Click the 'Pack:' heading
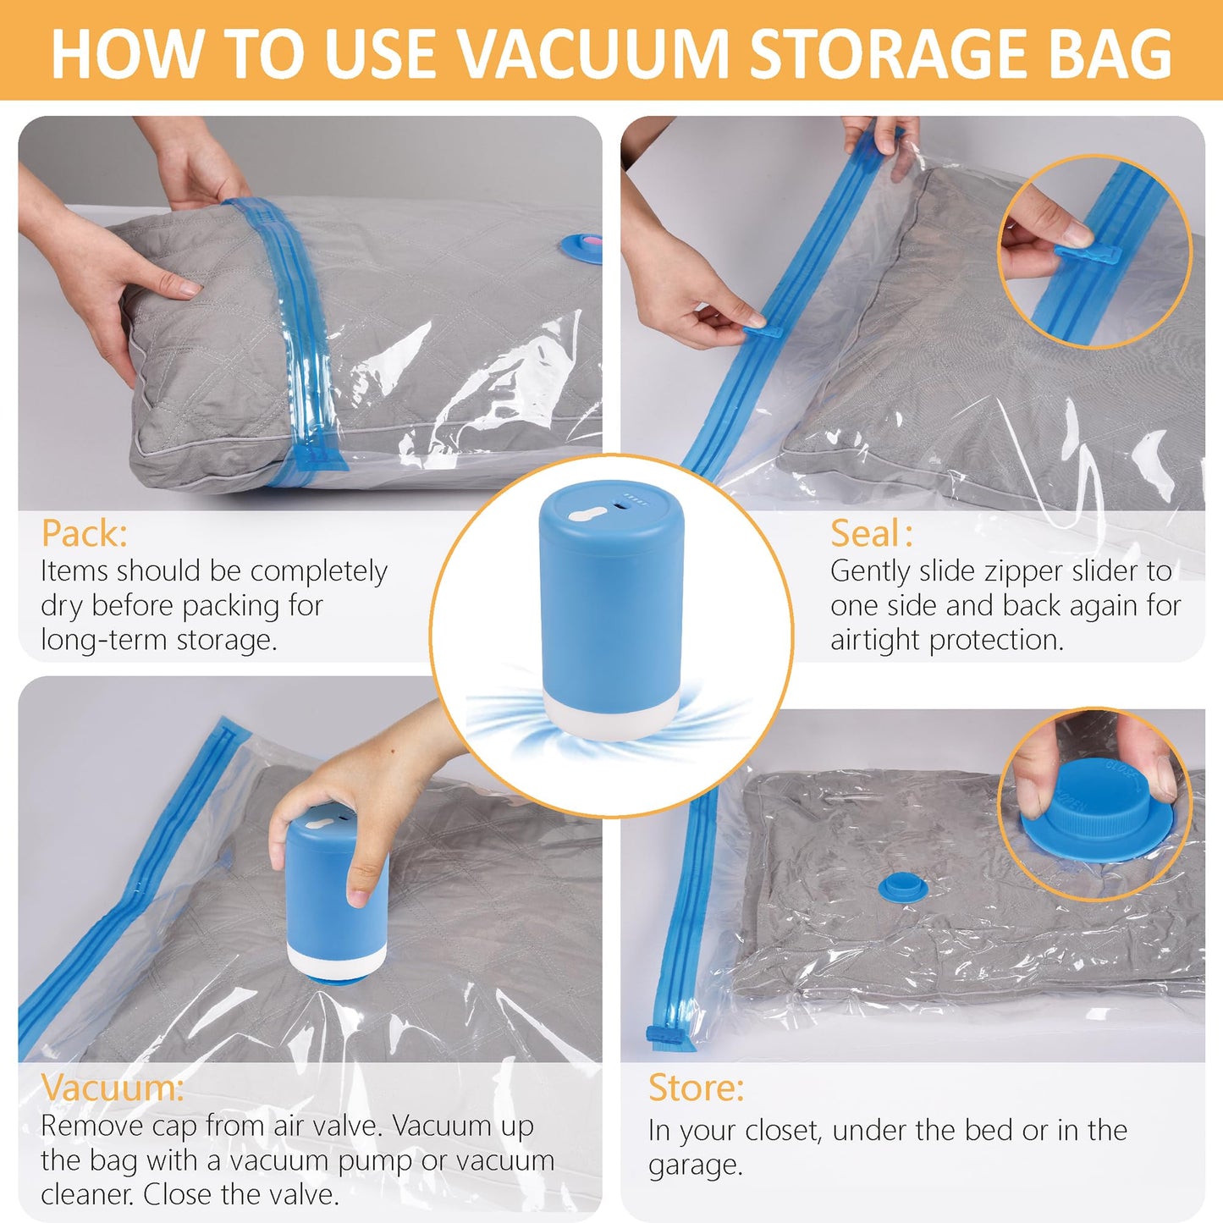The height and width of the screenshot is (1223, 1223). tap(85, 534)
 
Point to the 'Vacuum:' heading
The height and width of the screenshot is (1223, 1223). tap(112, 1088)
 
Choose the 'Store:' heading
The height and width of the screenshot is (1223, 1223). tap(696, 1088)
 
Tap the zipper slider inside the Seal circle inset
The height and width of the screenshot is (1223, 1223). tap(1088, 253)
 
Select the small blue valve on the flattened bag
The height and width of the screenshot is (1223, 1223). tap(902, 888)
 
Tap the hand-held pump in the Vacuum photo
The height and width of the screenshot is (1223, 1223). tap(336, 897)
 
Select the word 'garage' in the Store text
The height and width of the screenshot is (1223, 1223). tap(693, 1166)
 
